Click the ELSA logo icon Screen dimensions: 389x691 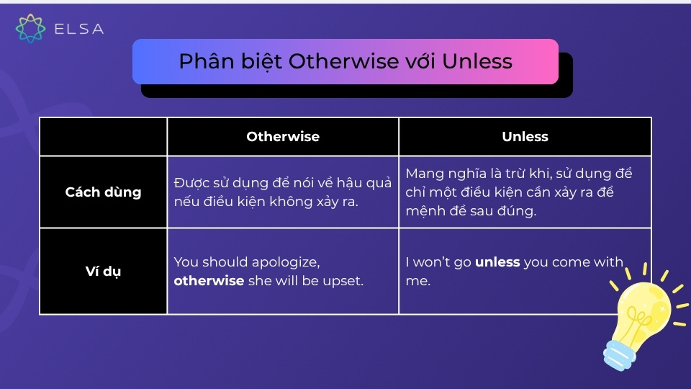pos(30,29)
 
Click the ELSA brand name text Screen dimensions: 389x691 pos(78,29)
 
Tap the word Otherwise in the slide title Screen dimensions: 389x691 pos(343,62)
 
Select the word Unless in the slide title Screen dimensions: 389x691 pos(477,62)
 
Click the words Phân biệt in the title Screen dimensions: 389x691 pos(230,62)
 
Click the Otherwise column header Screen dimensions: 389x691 pos(283,137)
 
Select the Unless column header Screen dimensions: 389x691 pos(525,137)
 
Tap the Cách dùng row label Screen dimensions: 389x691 pos(103,192)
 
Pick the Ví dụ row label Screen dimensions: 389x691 pos(103,272)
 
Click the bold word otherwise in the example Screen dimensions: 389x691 pos(209,281)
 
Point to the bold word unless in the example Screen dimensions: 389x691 pos(497,262)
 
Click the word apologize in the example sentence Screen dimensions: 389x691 pos(286,262)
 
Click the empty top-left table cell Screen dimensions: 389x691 pos(103,137)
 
